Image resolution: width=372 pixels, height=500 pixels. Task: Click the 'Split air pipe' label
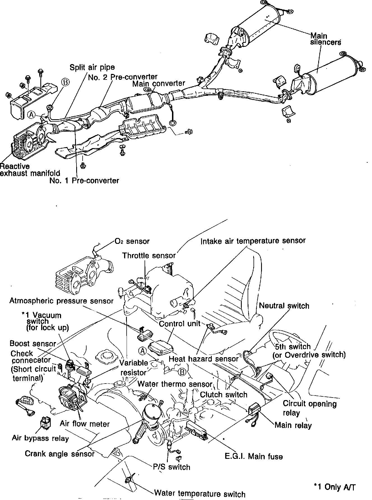pos(92,67)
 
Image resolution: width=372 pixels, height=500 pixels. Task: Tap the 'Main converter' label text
pos(159,83)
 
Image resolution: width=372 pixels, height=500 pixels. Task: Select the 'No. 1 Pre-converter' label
pos(84,181)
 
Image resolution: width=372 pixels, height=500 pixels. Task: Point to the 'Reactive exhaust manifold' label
pos(30,170)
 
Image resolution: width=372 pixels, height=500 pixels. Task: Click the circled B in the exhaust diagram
pos(65,82)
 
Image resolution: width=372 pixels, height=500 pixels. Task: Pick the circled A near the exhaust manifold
pos(31,114)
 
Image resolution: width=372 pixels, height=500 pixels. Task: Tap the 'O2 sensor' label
pos(132,241)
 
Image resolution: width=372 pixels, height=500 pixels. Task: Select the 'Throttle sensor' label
pos(149,255)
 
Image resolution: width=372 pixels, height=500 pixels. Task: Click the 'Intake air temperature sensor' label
pos(253,241)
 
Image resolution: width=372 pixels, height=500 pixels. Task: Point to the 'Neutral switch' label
pos(284,305)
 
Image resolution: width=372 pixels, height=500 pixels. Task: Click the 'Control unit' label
pos(180,324)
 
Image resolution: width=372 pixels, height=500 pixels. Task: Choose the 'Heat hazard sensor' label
pos(204,359)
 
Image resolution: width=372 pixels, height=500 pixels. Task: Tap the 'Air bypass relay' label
pos(40,438)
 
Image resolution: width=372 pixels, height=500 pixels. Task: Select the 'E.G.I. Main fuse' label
pos(254,457)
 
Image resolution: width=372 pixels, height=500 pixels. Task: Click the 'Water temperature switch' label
pos(200,494)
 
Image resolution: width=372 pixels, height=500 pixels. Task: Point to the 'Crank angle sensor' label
pos(60,453)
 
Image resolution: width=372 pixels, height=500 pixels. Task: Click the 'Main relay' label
pos(293,425)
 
